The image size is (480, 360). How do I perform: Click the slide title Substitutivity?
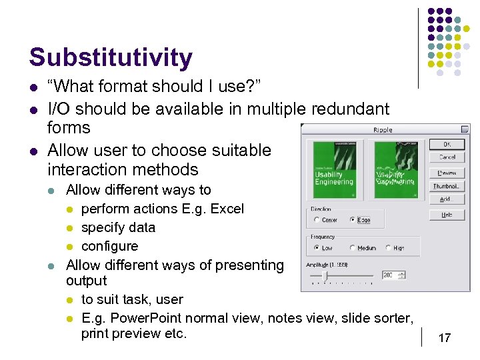tap(111, 57)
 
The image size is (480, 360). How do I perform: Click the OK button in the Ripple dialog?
tap(447, 144)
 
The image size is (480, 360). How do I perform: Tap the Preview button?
tap(447, 173)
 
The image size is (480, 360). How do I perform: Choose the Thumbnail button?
tap(447, 187)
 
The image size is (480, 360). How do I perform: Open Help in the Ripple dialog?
tap(447, 215)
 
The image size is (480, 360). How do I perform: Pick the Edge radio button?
tap(353, 220)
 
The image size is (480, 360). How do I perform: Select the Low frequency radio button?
tap(316, 248)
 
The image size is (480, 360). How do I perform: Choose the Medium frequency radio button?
tap(353, 248)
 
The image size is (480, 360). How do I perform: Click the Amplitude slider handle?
tap(325, 275)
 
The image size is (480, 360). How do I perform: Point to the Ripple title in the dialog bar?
tap(383, 130)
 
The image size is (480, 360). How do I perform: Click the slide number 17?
tap(444, 338)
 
